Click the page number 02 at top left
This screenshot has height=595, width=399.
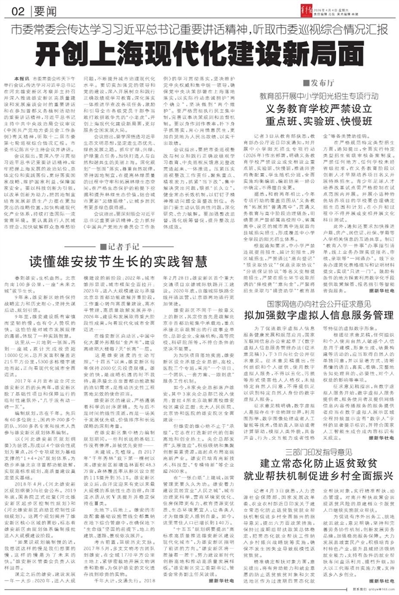point(17,12)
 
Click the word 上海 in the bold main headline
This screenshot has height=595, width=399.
point(145,55)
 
